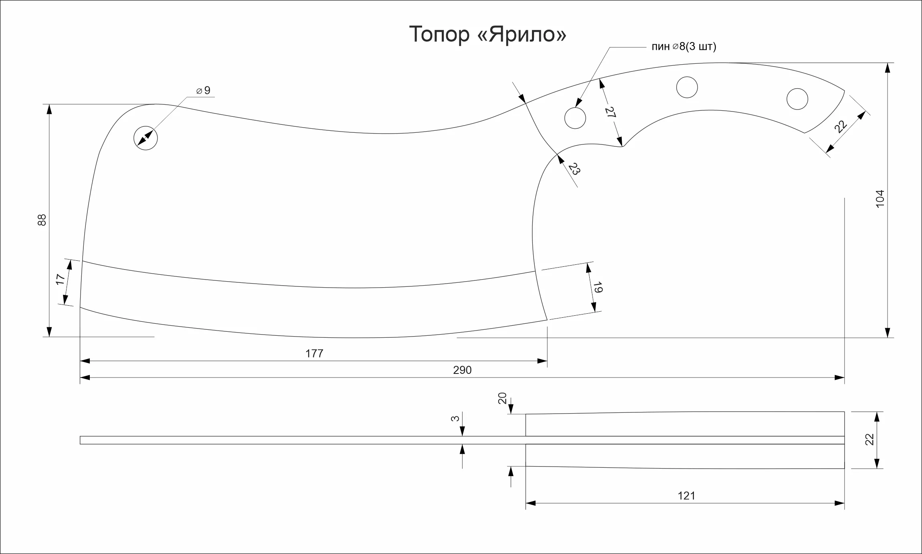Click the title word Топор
tap(439, 34)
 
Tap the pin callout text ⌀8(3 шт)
tap(694, 47)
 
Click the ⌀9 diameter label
tap(203, 90)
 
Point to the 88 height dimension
tap(42, 220)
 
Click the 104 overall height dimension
tap(880, 199)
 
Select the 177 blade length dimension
tap(314, 353)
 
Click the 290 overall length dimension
tap(462, 370)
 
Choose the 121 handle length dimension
tap(686, 496)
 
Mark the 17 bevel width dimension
tap(60, 279)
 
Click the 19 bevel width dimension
tap(598, 287)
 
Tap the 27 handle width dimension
tap(610, 112)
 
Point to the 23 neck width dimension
tap(574, 169)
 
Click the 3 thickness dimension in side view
tap(455, 418)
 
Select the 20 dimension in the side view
tap(502, 398)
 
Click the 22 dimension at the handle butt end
tap(841, 127)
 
